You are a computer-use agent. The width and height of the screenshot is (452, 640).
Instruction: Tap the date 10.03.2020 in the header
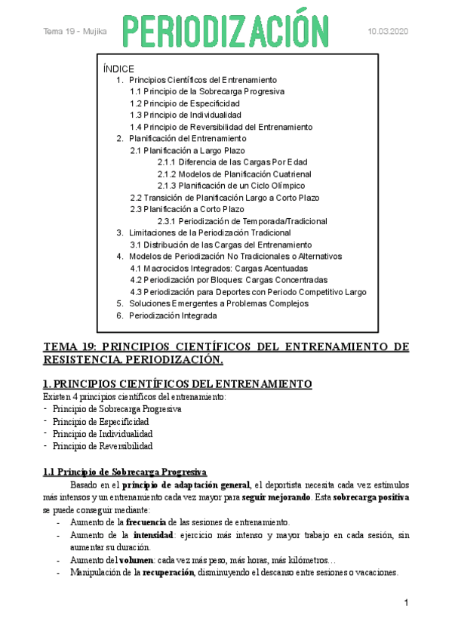pos(388,31)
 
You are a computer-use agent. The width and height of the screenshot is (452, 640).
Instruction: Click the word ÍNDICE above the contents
pos(118,68)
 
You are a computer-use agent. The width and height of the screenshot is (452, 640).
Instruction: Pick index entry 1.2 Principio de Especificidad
pos(185,103)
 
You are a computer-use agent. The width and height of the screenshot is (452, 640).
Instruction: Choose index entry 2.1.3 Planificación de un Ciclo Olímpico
pos(231,186)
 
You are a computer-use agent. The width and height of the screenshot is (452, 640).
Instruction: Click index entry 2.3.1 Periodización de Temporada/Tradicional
pos(242,221)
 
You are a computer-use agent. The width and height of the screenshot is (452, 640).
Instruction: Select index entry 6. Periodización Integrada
pos(173,315)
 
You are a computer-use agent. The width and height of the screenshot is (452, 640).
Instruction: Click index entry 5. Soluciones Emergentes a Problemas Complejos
pos(219,303)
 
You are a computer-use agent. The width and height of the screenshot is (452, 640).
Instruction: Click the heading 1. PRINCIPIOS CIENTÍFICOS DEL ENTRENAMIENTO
pos(177,383)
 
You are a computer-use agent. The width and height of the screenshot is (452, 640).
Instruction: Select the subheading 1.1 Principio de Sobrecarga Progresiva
pos(120,472)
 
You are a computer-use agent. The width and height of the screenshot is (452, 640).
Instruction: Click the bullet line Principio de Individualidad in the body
pos(103,434)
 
